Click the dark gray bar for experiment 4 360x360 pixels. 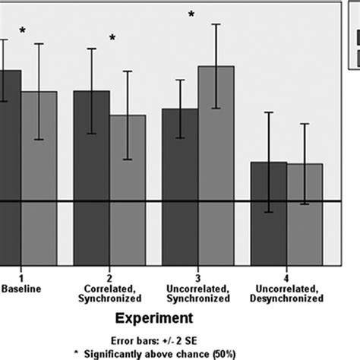click(x=269, y=220)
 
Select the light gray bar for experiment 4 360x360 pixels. click(x=305, y=220)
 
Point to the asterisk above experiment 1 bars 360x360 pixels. click(x=23, y=31)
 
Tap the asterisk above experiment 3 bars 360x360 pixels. click(x=191, y=14)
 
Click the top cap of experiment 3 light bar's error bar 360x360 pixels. click(x=216, y=24)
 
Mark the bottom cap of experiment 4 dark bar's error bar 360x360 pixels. click(x=269, y=212)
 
